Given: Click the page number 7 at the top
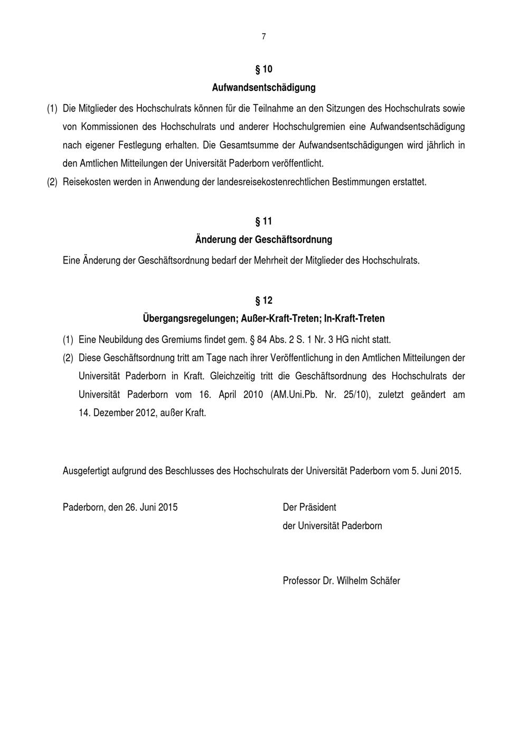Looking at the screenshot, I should [x=263, y=36].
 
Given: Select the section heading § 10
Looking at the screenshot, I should [x=263, y=69].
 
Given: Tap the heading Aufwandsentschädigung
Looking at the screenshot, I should [x=263, y=87].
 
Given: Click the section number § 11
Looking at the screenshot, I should [x=263, y=221].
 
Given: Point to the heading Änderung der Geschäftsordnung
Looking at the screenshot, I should [x=263, y=239].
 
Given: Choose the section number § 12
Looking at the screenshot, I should [x=263, y=301].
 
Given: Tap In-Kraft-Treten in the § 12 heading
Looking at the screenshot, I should [x=354, y=319].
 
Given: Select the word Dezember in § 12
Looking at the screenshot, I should [x=113, y=413].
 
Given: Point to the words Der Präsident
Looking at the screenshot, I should [x=309, y=507].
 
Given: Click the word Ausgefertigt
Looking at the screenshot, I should [x=86, y=471].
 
